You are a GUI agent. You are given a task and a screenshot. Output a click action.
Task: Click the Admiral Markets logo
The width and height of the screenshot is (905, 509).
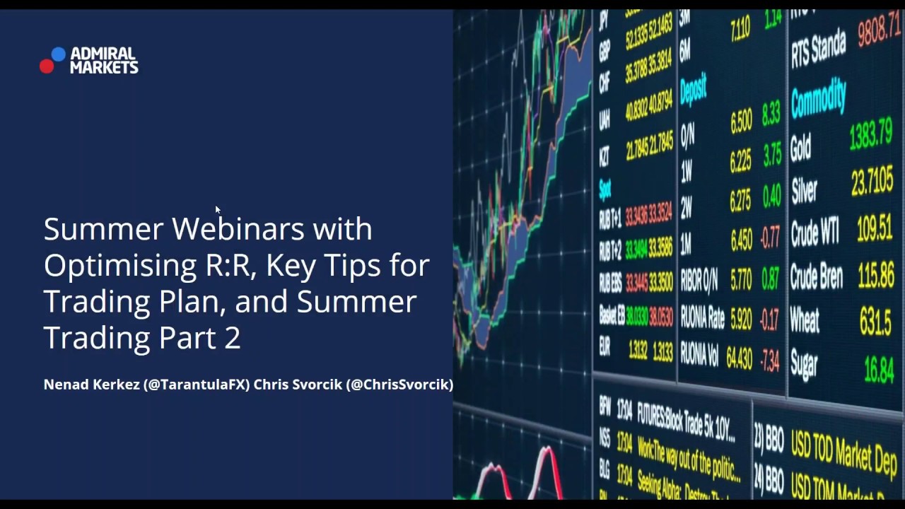coord(89,61)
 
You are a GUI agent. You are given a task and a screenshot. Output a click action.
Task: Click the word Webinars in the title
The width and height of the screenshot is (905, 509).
coord(238,229)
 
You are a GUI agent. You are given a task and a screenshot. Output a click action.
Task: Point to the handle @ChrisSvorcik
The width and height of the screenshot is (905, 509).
coord(399,385)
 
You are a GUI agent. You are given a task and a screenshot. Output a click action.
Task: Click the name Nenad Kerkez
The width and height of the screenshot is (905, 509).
coord(91,385)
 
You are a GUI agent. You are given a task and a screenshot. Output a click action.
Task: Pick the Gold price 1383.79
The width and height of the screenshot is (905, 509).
coord(870,135)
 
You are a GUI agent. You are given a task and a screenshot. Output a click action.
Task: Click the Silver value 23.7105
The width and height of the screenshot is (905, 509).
coord(872,180)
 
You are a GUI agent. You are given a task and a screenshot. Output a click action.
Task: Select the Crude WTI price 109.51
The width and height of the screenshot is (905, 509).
coord(875,228)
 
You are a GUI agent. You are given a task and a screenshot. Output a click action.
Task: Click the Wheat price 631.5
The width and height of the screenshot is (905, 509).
coord(875,322)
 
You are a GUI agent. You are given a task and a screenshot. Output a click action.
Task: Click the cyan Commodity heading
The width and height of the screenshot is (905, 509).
coord(818,98)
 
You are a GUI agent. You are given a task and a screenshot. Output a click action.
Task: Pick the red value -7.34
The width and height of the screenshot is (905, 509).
coord(769,361)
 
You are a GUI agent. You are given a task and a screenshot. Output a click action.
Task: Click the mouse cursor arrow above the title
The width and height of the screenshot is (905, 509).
coord(217,209)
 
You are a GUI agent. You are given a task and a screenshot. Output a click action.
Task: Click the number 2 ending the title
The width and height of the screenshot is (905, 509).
coord(233,338)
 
